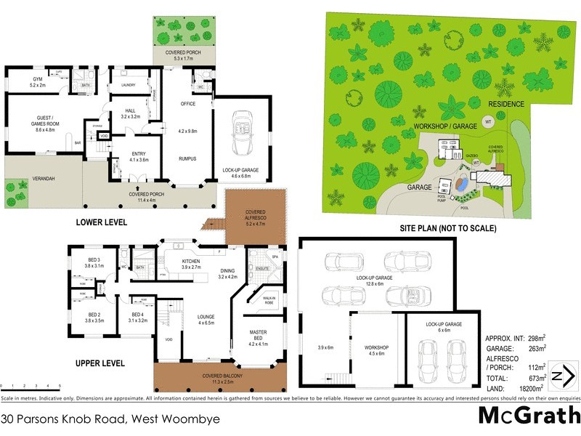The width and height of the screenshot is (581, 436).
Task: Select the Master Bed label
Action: pos(258,334)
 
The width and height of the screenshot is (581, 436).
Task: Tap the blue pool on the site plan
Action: pos(460,185)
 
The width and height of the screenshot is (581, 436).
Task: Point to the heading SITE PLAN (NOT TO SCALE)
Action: pos(448,227)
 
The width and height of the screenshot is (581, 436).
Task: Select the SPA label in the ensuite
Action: pos(275,257)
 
